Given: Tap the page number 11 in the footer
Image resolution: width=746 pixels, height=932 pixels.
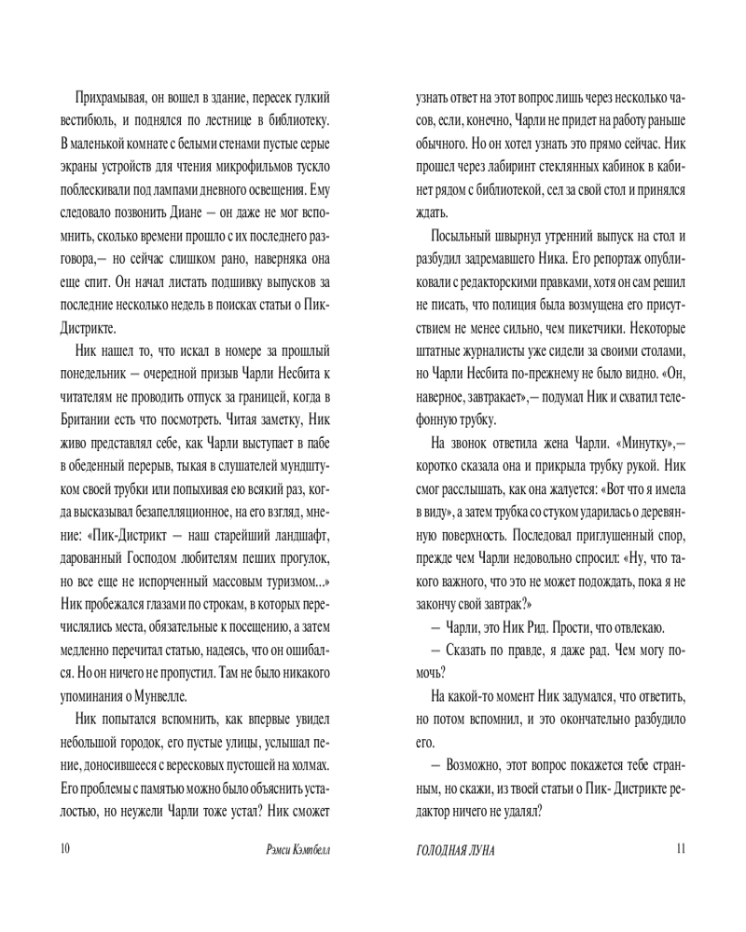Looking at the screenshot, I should [679, 849].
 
